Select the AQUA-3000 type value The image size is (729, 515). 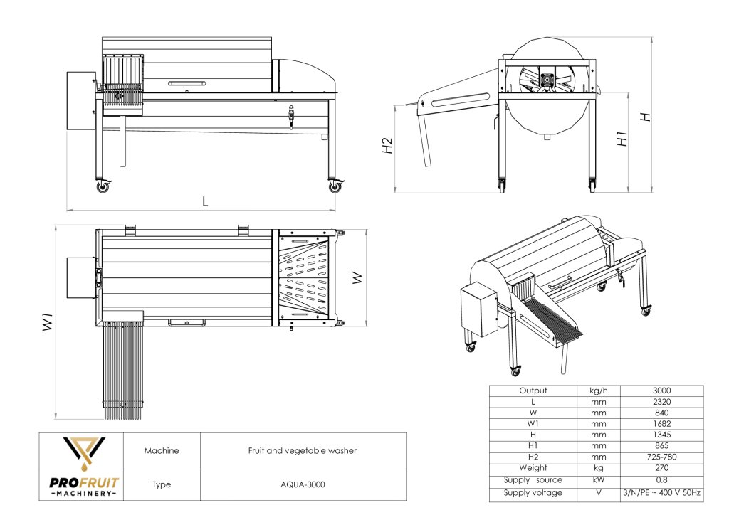point(302,485)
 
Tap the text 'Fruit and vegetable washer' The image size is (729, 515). point(302,450)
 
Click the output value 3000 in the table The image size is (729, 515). point(661,391)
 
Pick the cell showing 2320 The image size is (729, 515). point(661,402)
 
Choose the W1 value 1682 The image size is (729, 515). point(661,423)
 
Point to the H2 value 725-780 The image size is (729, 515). point(661,456)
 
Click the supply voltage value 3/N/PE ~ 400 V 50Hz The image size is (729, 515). point(661,492)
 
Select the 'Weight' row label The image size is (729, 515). point(533,467)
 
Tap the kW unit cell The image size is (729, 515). point(598,481)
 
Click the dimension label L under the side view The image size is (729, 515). point(205,201)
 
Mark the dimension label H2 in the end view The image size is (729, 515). point(387,146)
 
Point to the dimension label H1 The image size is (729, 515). point(622,138)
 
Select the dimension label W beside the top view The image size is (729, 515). point(357,279)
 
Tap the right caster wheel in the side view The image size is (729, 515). point(335,187)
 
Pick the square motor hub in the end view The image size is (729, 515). point(547,80)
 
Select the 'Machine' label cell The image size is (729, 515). point(162,450)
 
